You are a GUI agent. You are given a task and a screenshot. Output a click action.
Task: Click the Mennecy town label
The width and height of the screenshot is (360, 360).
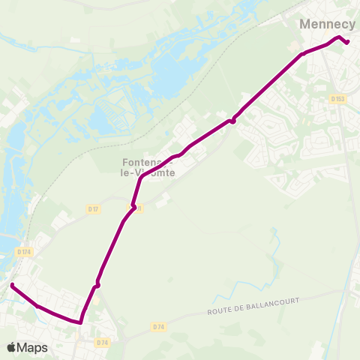click(x=327, y=24)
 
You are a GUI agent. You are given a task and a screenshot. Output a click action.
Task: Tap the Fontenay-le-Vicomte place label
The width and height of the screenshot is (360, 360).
click(x=148, y=166)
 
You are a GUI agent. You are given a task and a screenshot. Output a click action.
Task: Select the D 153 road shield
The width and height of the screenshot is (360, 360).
click(x=336, y=98)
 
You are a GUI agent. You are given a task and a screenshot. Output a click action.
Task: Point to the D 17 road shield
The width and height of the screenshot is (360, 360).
click(x=93, y=208)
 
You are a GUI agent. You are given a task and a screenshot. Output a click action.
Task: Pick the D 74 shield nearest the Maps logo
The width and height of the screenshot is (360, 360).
click(x=103, y=342)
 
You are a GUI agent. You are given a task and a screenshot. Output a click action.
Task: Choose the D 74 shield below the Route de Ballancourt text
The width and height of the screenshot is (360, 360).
click(x=158, y=327)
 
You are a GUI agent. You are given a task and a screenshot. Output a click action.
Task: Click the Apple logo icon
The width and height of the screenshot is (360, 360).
click(x=11, y=347)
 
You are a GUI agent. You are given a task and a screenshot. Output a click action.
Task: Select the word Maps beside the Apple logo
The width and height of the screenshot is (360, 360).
click(x=32, y=347)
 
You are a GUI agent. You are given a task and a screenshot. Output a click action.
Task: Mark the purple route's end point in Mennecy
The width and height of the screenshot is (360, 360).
click(x=347, y=42)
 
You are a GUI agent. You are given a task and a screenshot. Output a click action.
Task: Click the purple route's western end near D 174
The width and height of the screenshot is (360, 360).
click(x=13, y=285)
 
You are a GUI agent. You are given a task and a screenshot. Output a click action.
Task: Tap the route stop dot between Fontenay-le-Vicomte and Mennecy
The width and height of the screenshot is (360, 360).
click(x=233, y=120)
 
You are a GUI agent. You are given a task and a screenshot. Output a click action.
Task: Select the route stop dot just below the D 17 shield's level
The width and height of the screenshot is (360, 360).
click(x=133, y=207)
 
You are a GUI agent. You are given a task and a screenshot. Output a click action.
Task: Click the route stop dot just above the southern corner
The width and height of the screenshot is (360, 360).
click(x=97, y=286)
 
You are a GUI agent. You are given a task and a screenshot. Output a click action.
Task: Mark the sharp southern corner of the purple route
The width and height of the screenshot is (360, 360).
click(x=80, y=322)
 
